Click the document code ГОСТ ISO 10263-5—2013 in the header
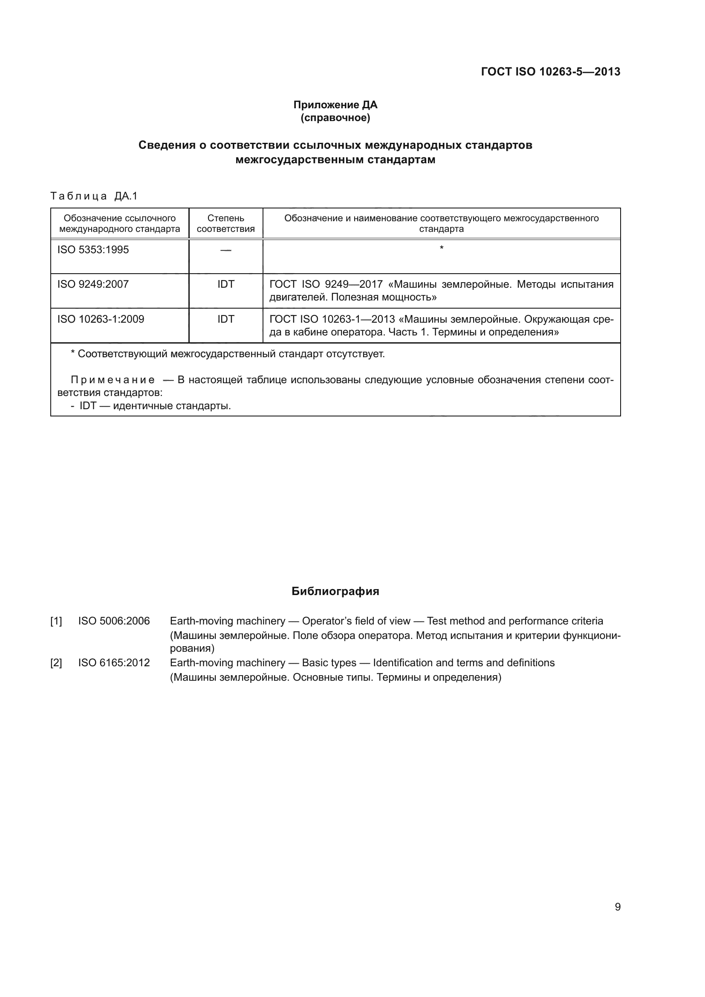tap(550, 72)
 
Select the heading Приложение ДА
tap(335, 105)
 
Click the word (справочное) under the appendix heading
tap(335, 118)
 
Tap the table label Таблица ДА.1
tap(94, 196)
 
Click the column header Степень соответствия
tap(226, 223)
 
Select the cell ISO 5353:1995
tap(93, 250)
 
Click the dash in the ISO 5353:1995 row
tap(226, 250)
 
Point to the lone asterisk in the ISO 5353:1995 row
tap(442, 248)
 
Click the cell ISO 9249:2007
tap(93, 284)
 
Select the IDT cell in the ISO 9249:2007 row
tap(226, 284)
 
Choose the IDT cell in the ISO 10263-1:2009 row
tap(226, 319)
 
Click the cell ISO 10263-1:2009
tap(101, 319)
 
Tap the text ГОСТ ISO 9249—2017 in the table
tap(326, 284)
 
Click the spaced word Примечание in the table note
tap(113, 380)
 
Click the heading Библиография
tap(335, 592)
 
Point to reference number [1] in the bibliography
tap(56, 621)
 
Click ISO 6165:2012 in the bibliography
tap(114, 663)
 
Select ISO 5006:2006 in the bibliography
tap(114, 621)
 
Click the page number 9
tap(617, 907)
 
